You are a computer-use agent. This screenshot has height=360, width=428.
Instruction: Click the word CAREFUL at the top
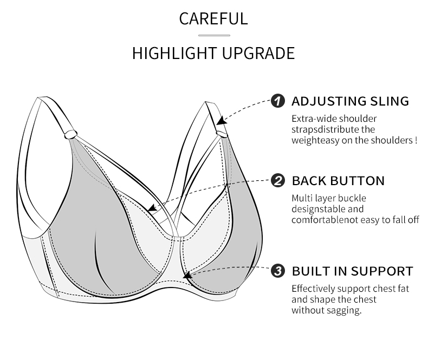(213, 18)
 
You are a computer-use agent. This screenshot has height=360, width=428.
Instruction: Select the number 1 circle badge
(277, 101)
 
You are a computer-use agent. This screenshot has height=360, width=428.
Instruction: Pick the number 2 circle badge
(277, 181)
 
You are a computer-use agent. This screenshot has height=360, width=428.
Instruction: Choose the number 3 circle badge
(277, 271)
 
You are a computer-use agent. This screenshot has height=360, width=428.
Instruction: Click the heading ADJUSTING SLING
(350, 101)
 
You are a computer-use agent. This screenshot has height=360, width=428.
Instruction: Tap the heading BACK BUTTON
(338, 181)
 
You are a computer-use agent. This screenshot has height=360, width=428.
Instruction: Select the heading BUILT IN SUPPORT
(352, 271)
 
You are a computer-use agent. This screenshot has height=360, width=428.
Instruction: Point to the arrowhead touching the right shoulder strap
(221, 122)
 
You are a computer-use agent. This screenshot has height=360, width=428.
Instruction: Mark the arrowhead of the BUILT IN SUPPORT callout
(187, 276)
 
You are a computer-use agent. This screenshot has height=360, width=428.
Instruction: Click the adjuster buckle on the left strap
(70, 133)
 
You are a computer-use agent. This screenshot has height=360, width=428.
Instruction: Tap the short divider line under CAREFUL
(213, 36)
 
